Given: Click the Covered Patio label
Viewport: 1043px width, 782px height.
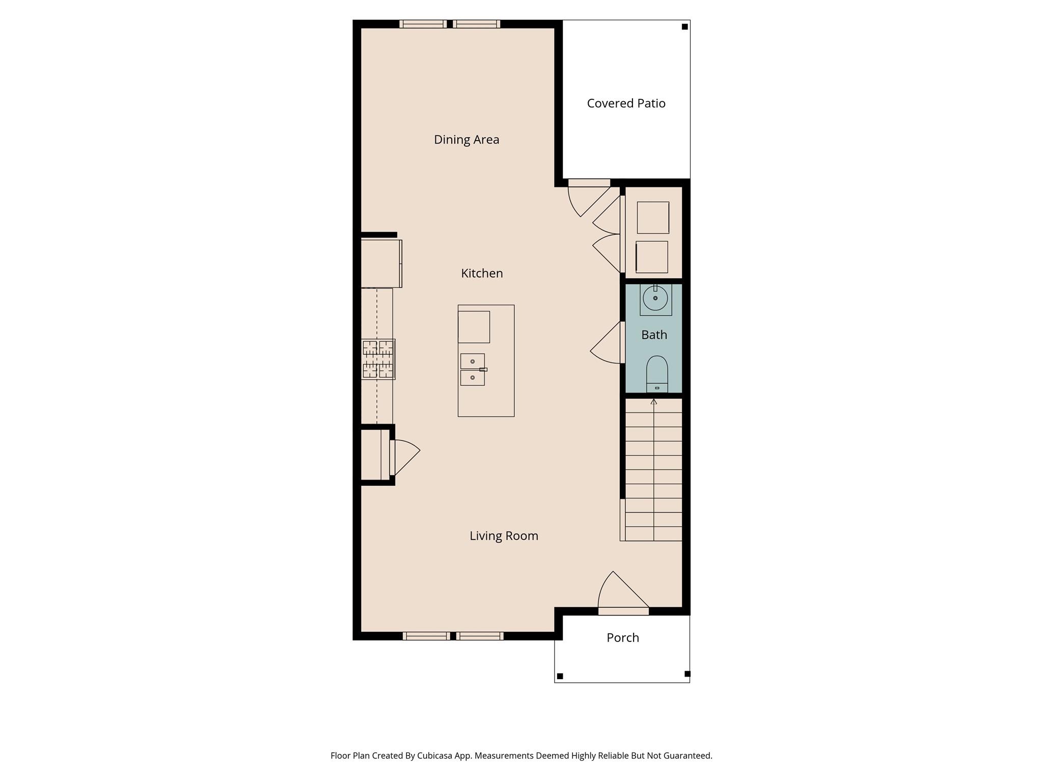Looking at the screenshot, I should (x=626, y=103).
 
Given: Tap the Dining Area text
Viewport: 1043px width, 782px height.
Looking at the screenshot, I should (x=466, y=139).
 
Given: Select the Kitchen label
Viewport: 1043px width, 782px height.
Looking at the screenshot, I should (x=482, y=273).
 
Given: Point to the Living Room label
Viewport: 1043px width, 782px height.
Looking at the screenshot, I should (x=504, y=536).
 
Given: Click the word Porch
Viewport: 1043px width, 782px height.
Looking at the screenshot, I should (x=622, y=637).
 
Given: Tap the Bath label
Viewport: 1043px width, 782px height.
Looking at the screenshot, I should (x=654, y=335).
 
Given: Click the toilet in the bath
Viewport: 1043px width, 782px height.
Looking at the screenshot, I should (x=657, y=373).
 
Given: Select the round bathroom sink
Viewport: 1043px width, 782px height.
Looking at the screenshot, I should (x=655, y=298).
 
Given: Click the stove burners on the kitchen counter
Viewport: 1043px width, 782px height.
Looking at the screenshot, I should (x=378, y=359).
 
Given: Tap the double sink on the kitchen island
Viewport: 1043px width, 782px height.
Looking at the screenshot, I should (x=473, y=370).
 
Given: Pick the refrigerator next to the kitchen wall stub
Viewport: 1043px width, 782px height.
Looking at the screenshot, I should (x=381, y=264).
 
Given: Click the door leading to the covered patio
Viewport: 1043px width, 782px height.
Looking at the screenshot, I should (x=587, y=199).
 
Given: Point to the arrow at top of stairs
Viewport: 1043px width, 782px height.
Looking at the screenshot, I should (x=654, y=402).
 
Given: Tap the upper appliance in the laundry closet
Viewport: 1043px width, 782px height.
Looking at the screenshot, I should (x=653, y=217).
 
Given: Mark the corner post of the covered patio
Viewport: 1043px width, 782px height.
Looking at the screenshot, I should (x=685, y=26).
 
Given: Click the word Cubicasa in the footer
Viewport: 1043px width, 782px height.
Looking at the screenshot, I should (x=436, y=756).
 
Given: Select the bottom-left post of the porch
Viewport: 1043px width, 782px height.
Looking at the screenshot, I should (x=560, y=676).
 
